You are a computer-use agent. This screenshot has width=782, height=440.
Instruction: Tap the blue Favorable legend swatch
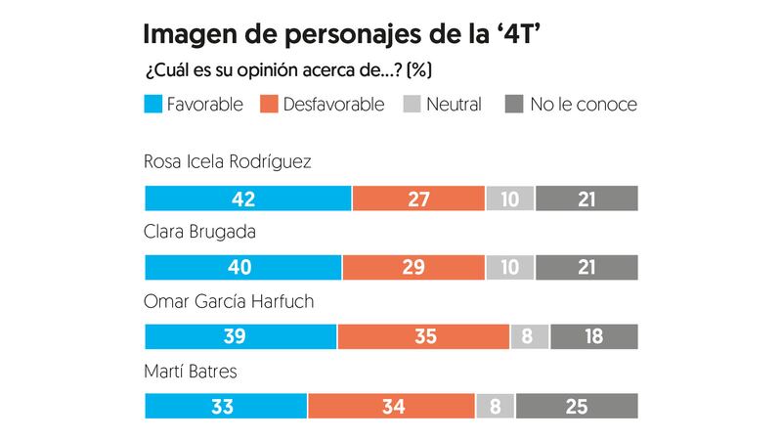pos(152,105)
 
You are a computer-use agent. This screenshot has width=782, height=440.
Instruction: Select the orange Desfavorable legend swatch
pos(269,105)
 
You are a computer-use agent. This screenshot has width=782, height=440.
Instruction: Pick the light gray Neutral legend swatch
pos(412,105)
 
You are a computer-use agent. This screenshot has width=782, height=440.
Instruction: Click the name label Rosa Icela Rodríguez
pos(227,161)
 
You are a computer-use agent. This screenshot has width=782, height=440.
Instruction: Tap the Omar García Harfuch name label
pos(229,301)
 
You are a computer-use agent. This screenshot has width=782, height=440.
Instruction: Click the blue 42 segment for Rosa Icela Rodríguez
pos(247,198)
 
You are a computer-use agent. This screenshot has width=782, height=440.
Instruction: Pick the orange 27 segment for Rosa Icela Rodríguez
pos(418,198)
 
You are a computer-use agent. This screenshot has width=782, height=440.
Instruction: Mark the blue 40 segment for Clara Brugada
pos(242,267)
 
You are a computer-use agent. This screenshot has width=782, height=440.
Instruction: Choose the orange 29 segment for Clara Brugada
pos(413,267)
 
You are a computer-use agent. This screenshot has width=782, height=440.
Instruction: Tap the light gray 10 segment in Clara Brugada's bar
pos(509,267)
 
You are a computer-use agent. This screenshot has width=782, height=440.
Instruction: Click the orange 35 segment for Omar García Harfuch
pos(423,336)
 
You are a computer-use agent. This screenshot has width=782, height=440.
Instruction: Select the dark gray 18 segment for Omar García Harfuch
pos(593,336)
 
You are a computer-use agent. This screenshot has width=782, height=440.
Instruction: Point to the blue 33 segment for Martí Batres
pos(226,406)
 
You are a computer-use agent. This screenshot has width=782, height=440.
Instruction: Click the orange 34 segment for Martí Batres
pos(391,406)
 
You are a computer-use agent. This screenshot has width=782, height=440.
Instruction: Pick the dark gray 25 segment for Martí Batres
pos(577,406)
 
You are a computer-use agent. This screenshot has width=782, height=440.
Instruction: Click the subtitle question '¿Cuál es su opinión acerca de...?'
pos(288,70)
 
